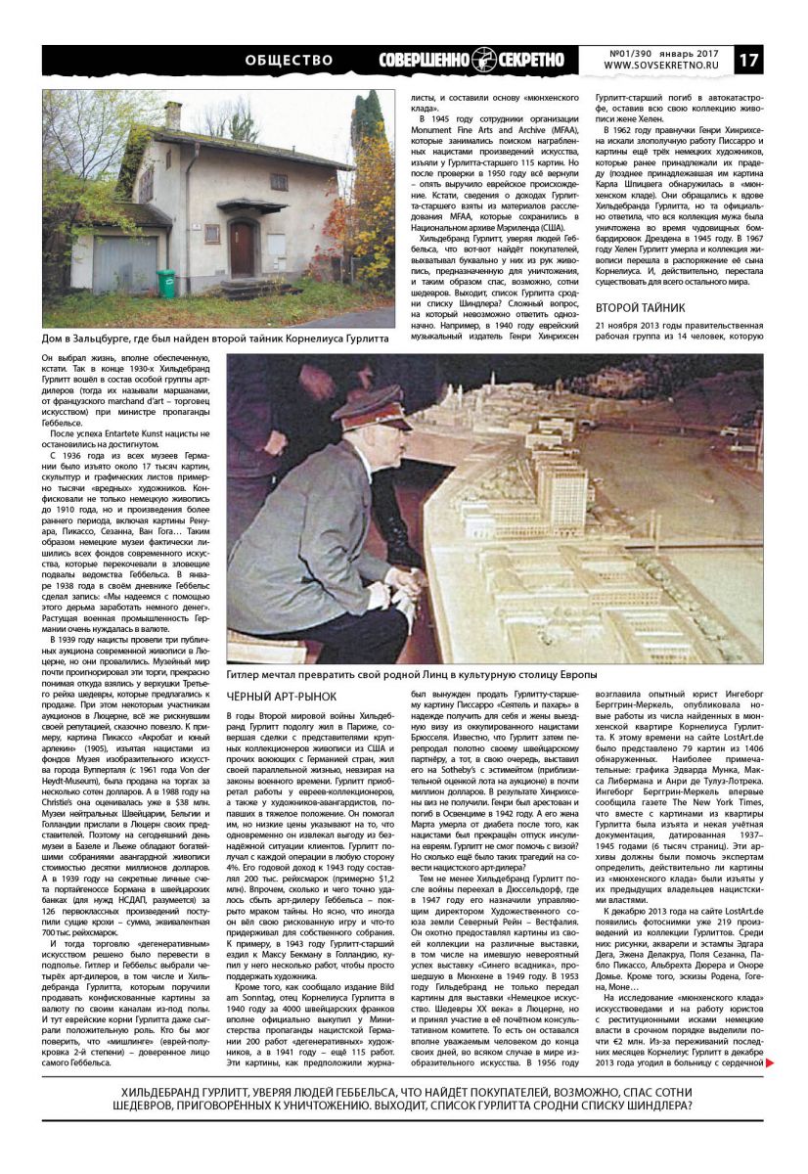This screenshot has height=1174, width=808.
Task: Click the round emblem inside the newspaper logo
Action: tap(484, 60)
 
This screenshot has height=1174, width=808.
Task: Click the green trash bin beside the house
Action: tap(167, 283)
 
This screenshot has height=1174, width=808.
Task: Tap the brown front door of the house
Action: tap(241, 248)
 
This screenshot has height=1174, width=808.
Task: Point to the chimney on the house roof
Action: tap(172, 114)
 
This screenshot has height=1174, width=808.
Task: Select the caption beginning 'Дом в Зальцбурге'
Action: tap(215, 339)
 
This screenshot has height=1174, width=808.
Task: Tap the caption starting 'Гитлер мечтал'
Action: tap(410, 676)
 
